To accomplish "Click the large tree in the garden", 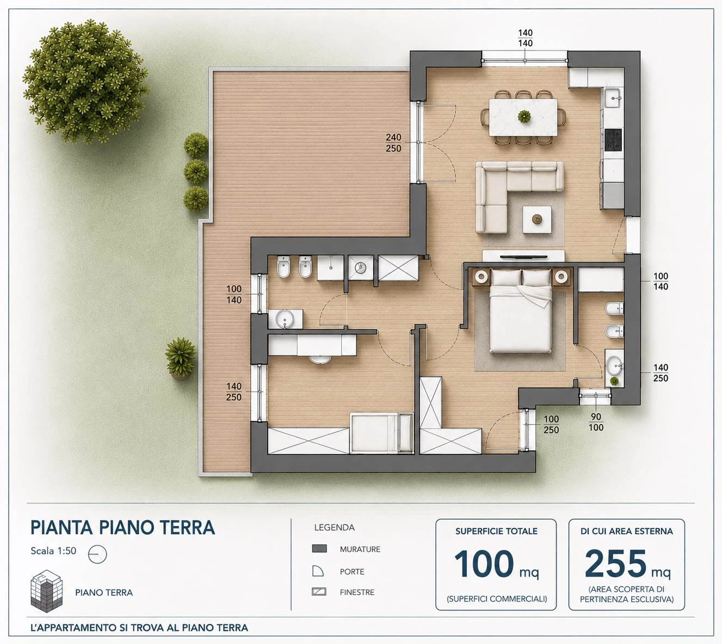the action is [x=85, y=82].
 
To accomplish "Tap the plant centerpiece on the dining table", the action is [x=524, y=116].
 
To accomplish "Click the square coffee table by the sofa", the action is [x=537, y=220].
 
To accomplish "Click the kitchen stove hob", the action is [x=613, y=140].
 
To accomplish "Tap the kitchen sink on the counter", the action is [x=613, y=98].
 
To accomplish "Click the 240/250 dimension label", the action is [x=393, y=143].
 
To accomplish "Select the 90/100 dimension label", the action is [x=596, y=422].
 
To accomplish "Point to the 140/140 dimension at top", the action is [x=525, y=38].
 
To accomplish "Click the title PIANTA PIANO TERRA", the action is [x=123, y=528].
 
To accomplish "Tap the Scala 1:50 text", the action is [x=53, y=551].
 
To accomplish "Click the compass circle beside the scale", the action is [x=97, y=554].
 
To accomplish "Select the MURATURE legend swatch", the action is [x=319, y=548].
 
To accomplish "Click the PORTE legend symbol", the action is [x=318, y=571].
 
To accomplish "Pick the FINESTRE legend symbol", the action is [x=319, y=592].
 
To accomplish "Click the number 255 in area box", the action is [x=615, y=564].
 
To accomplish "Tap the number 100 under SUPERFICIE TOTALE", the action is [x=484, y=564].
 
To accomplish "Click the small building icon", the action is [x=47, y=591].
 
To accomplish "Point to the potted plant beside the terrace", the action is [x=180, y=358].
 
